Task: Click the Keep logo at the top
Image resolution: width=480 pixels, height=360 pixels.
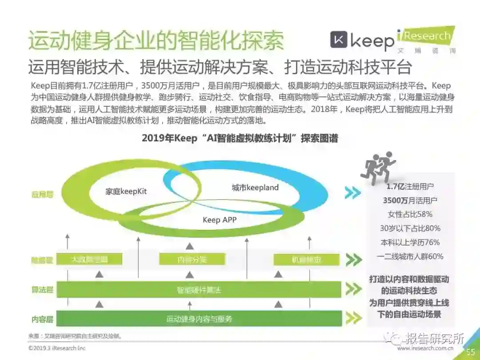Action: [362, 41]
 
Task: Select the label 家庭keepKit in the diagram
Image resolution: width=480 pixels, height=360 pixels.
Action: [126, 192]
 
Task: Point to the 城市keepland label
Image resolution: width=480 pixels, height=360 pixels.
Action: [255, 188]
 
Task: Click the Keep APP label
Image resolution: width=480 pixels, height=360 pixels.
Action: [220, 220]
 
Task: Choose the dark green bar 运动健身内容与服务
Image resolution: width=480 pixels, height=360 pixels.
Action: [199, 319]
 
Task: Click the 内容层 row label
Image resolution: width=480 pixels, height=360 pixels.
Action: [42, 319]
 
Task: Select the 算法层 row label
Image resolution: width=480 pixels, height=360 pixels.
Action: [42, 290]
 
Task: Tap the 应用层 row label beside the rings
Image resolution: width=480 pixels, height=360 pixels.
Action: [42, 194]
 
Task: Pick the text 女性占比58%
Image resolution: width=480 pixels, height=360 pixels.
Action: [410, 214]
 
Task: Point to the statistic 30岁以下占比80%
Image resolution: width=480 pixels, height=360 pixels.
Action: [410, 228]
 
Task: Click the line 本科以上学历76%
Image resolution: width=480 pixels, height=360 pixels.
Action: [410, 243]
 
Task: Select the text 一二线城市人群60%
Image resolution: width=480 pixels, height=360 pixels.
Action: [410, 256]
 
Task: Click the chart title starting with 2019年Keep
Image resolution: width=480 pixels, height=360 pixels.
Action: [240, 138]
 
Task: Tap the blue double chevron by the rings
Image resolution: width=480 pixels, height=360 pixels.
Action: [352, 192]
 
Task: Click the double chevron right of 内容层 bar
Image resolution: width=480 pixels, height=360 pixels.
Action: [354, 318]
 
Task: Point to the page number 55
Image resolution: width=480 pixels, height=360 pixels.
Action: [471, 352]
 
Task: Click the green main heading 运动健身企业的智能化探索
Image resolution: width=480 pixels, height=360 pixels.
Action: [156, 41]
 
